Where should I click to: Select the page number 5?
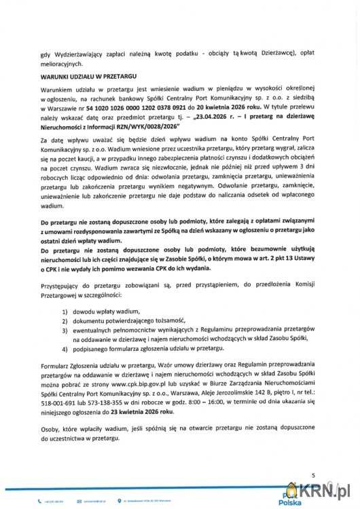click(313, 475)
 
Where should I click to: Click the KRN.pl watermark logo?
click(320, 489)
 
